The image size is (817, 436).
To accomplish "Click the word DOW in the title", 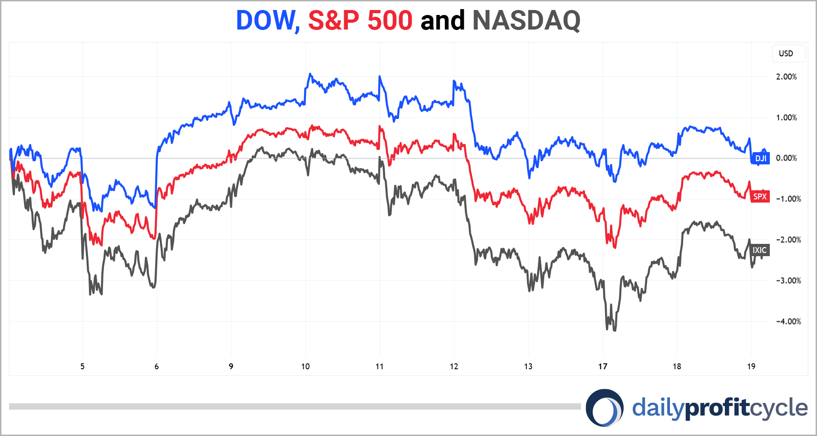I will pyautogui.click(x=266, y=21).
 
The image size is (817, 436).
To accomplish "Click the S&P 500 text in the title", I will pyautogui.click(x=360, y=21).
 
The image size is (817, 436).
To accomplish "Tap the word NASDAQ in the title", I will pyautogui.click(x=526, y=21).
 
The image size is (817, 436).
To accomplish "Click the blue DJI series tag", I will pyautogui.click(x=760, y=159).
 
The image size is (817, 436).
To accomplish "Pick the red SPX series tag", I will pyautogui.click(x=760, y=197).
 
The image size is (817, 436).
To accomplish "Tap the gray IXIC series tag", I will pyautogui.click(x=760, y=250).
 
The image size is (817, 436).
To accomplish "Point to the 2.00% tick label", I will pyautogui.click(x=786, y=77).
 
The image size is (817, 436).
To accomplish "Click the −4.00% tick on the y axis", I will pyautogui.click(x=788, y=322).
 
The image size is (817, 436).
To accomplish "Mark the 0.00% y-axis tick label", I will pyautogui.click(x=786, y=158).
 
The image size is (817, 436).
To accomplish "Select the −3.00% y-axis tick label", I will pyautogui.click(x=788, y=281).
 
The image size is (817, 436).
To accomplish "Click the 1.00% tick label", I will pyautogui.click(x=786, y=118).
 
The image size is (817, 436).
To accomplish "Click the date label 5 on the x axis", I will pyautogui.click(x=82, y=367).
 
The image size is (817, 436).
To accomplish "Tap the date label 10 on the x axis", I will pyautogui.click(x=305, y=367).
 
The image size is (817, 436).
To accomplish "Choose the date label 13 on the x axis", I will pyautogui.click(x=528, y=367).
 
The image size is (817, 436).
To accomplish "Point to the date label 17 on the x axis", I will pyautogui.click(x=602, y=367).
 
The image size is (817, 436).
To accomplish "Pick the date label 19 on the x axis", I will pyautogui.click(x=751, y=367).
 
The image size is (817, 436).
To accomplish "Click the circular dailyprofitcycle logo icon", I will pyautogui.click(x=604, y=407).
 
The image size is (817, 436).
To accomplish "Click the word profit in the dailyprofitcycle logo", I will pyautogui.click(x=717, y=407).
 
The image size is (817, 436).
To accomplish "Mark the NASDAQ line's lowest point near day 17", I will pyautogui.click(x=615, y=330).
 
